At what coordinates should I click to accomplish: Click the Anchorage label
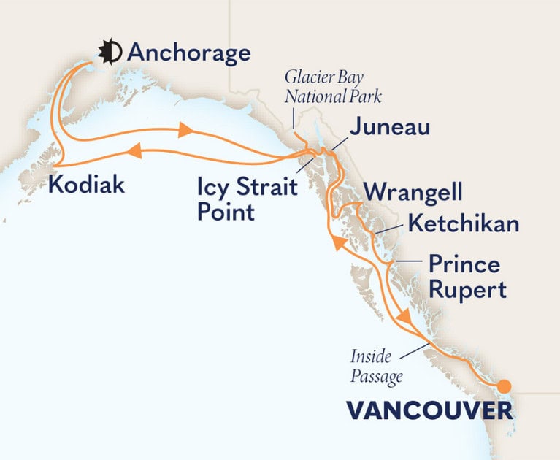pos(188,53)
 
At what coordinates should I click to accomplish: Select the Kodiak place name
pos(85,185)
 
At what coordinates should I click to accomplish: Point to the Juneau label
pos(389,129)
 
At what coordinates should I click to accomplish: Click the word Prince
pos(464,263)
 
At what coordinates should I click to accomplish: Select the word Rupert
pos(467,290)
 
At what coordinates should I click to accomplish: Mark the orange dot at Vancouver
pos(504,386)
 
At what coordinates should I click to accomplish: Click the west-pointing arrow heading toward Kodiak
pos(134,150)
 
